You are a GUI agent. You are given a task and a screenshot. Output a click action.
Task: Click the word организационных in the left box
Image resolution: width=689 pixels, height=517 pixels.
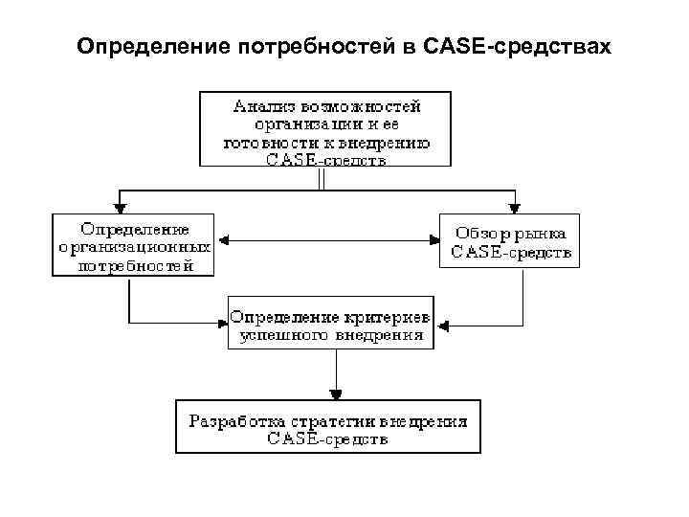click(x=135, y=247)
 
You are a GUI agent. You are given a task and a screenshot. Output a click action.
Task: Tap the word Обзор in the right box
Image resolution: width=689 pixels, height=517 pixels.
click(x=480, y=234)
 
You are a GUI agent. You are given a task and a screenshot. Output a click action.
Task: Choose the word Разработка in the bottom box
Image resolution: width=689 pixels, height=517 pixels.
click(x=233, y=420)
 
